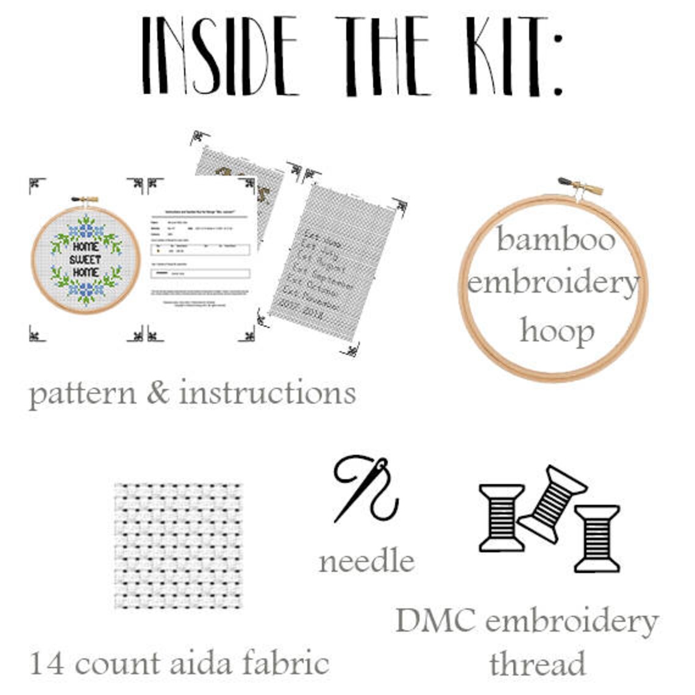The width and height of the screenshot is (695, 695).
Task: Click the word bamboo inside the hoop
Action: [x=556, y=240]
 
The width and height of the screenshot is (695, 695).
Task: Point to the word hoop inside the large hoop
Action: [x=556, y=332]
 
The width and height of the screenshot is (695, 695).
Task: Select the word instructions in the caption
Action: [x=267, y=393]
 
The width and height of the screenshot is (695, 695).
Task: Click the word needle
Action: [x=366, y=561]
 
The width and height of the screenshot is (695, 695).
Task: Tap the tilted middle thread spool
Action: [x=552, y=503]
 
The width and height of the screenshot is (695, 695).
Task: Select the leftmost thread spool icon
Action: [x=501, y=518]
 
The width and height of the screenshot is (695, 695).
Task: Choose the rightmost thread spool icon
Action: [x=597, y=538]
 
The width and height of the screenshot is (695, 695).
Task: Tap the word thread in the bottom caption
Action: [x=537, y=663]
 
